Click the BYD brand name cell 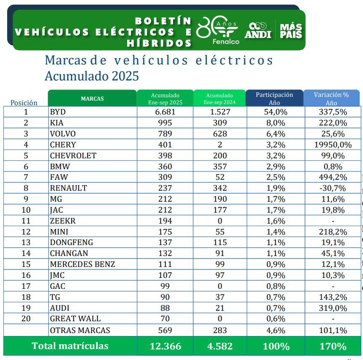coord(58,112)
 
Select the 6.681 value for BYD coord(165,112)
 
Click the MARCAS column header coord(92,99)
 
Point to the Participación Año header coord(274,99)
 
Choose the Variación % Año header coord(331,99)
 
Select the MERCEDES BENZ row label coord(82,264)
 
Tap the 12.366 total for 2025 coord(165,346)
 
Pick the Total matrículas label coord(70,346)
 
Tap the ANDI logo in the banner coord(258,30)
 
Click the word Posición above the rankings coord(24,103)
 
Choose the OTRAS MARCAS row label coord(80,331)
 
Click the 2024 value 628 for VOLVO coord(219,134)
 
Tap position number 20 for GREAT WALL coord(26,319)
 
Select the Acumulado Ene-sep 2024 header coord(219,99)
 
